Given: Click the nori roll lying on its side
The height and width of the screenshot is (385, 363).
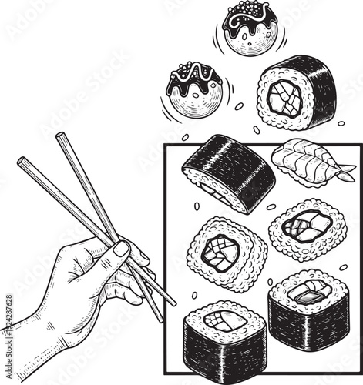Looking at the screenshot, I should (x=228, y=172).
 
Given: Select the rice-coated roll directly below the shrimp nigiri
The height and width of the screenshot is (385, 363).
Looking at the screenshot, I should (x=308, y=229).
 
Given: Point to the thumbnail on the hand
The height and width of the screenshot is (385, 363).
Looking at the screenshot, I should (x=121, y=249).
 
